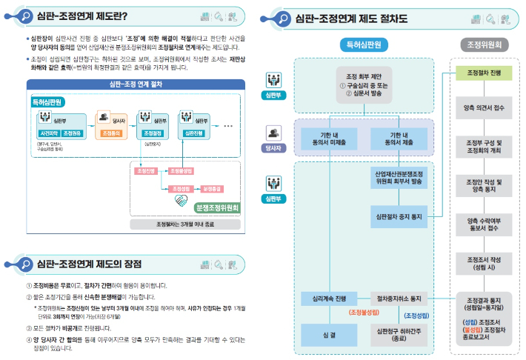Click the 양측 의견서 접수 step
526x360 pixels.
(484, 108)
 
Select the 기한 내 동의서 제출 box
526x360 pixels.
(399, 138)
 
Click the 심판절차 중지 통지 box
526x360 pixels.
(399, 217)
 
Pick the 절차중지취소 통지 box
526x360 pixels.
(399, 299)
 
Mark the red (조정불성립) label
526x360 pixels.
(364, 313)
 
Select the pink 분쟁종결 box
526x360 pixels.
(212, 189)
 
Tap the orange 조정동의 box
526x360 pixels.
(111, 133)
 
